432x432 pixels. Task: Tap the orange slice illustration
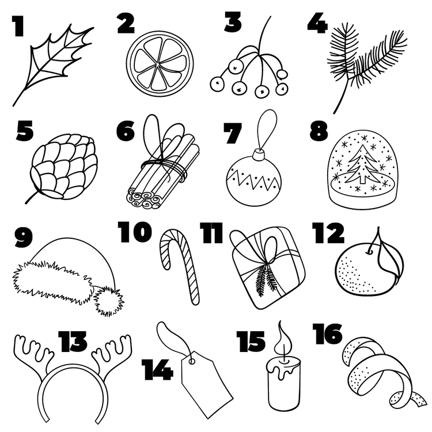160,63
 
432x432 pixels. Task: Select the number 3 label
233,21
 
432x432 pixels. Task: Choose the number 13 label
73,342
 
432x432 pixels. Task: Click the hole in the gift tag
192,361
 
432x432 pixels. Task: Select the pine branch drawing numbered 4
366,67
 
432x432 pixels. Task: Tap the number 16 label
327,334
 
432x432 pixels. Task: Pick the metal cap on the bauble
259,155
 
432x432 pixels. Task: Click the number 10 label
135,232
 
